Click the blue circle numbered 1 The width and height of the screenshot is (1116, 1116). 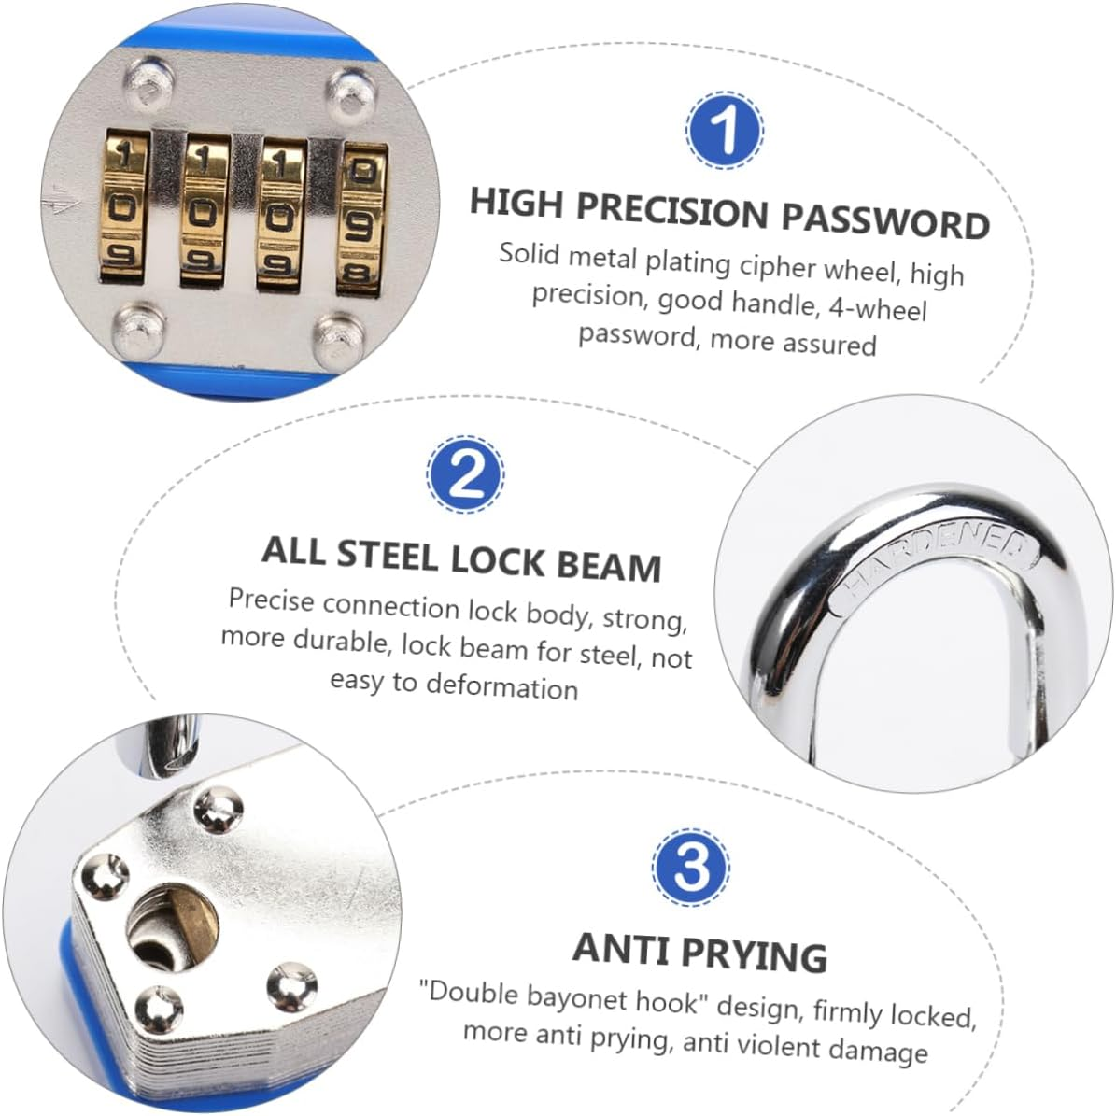coord(725,130)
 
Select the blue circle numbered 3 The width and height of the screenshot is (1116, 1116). coord(691,866)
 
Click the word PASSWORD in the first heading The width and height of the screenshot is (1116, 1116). coord(885,220)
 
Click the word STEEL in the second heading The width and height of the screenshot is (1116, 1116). coord(389,555)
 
